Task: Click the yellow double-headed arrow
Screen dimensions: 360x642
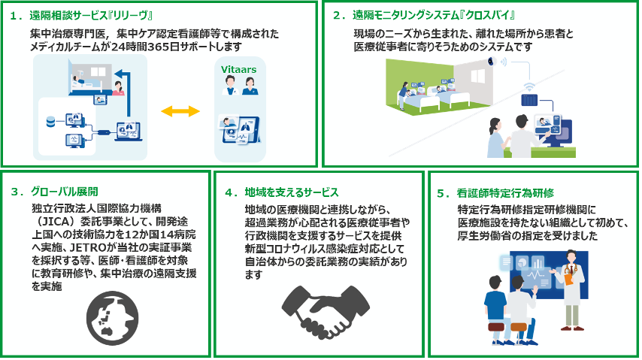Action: [x=180, y=110]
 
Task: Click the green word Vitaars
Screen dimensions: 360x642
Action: [x=239, y=69]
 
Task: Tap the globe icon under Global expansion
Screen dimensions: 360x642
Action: [x=110, y=315]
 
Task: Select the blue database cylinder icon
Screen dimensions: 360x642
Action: [x=50, y=119]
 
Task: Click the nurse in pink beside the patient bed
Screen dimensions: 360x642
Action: [x=119, y=88]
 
